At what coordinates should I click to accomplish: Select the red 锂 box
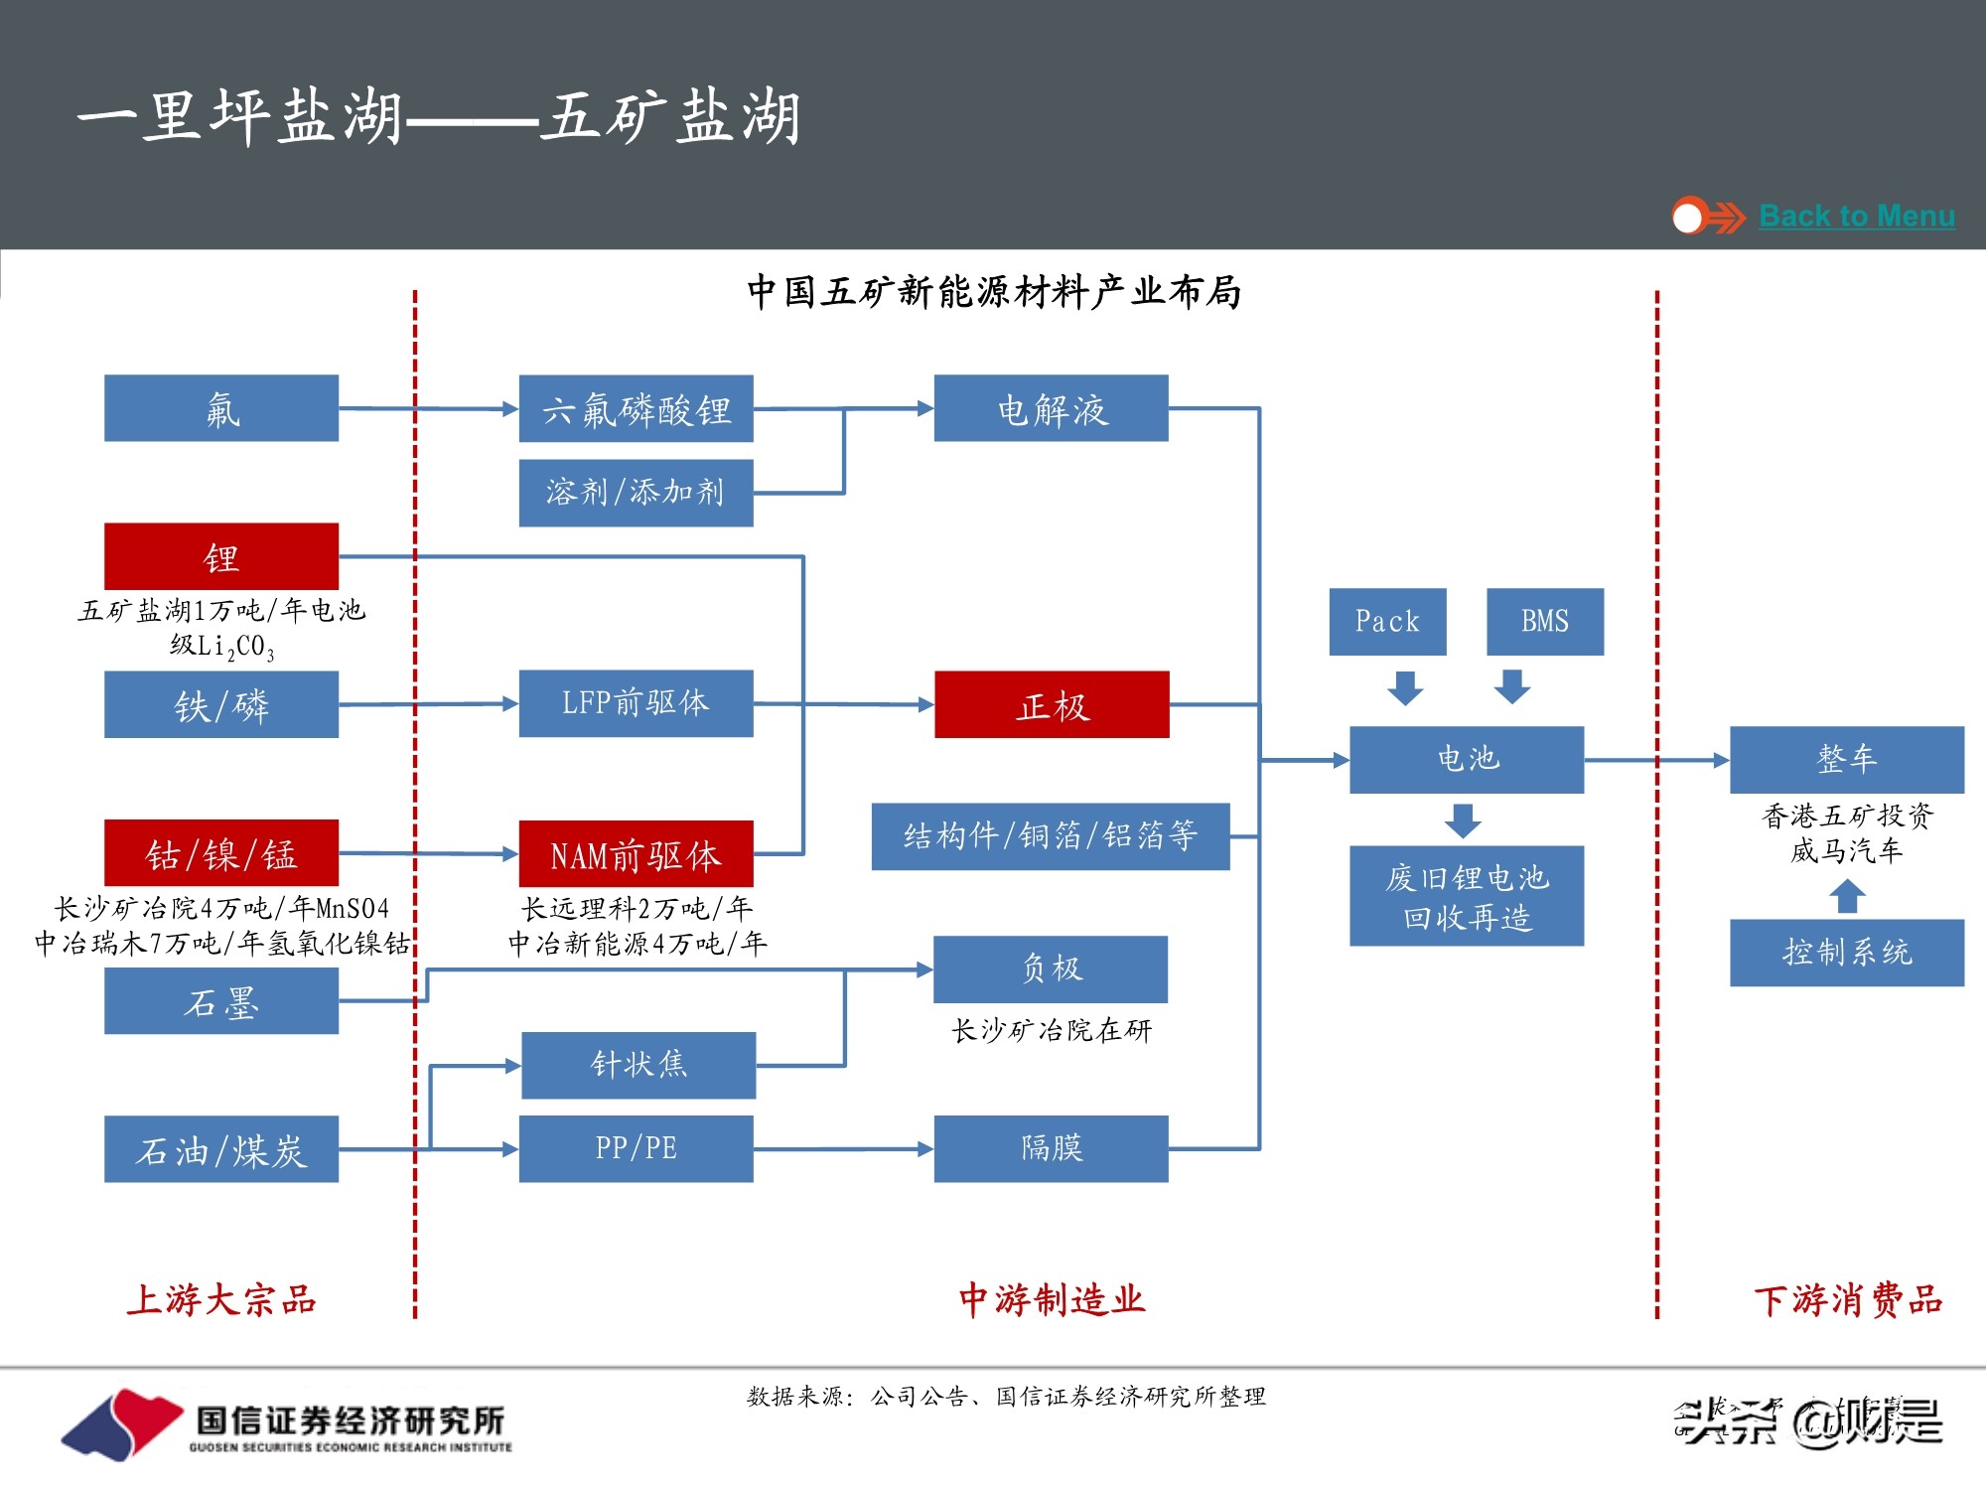point(221,556)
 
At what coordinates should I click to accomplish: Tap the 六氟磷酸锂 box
point(636,408)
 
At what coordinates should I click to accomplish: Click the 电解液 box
point(1051,408)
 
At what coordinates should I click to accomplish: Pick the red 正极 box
point(1052,704)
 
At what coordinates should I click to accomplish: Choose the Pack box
point(1387,622)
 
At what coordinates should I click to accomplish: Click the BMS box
point(1544,622)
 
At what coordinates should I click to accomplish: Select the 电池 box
point(1467,760)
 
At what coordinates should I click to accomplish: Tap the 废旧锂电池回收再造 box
point(1467,896)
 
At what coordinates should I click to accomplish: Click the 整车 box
point(1846,760)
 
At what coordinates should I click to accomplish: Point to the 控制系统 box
point(1846,953)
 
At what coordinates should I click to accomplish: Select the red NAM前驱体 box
point(636,854)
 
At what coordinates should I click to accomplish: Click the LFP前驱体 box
point(636,703)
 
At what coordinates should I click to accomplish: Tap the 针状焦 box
point(638,1065)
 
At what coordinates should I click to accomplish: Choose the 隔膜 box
point(1051,1148)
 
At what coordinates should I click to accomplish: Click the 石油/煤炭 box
point(221,1149)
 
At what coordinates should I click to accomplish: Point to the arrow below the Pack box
point(1405,687)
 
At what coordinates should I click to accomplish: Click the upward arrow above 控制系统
point(1847,897)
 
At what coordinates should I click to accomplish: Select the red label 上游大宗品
point(221,1299)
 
